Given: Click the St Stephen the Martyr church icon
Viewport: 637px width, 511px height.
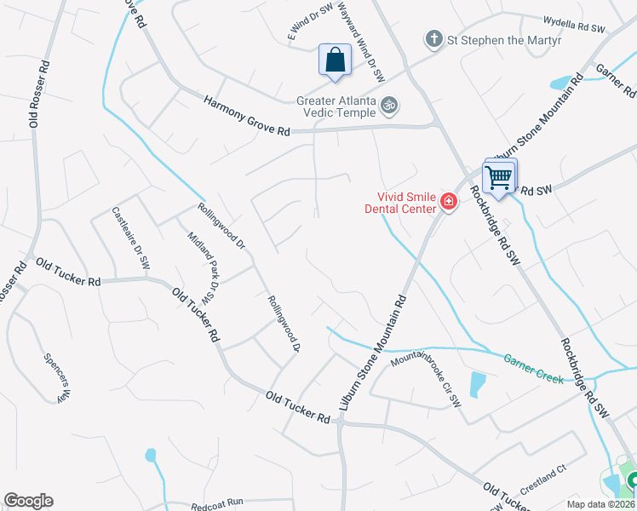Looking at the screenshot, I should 433,39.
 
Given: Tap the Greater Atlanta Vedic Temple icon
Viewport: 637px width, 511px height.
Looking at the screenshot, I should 389,105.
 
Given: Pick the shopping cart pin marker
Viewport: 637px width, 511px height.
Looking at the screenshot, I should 498,178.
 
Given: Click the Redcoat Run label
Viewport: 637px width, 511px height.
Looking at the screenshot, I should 218,502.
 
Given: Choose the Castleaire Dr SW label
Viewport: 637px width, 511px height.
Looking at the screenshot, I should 131,239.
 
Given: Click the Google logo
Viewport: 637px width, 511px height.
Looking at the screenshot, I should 28,501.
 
